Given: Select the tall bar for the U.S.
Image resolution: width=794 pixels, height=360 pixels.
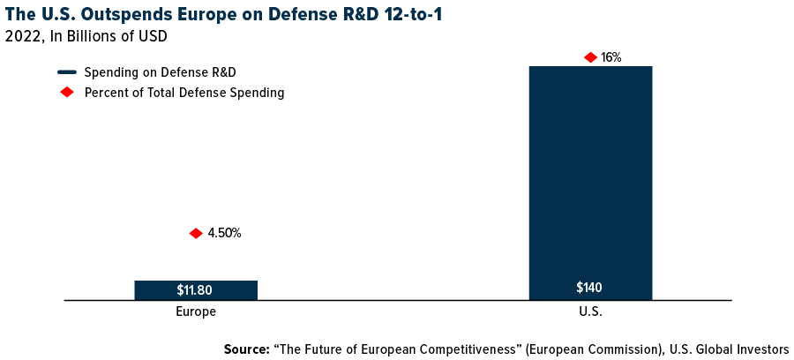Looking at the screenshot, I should pyautogui.click(x=589, y=176).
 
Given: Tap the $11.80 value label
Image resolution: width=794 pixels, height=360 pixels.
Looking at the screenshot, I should pyautogui.click(x=195, y=289).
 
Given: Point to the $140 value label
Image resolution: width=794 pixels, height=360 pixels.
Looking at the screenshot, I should pyautogui.click(x=589, y=288).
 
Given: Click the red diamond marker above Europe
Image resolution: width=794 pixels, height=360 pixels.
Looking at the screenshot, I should pyautogui.click(x=196, y=233).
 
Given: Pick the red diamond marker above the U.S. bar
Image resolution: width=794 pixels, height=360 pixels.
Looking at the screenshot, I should pyautogui.click(x=590, y=57).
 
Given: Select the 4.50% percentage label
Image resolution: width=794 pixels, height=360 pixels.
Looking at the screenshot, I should pyautogui.click(x=224, y=234).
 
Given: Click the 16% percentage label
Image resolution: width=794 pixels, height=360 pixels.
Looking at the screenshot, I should pyautogui.click(x=611, y=57).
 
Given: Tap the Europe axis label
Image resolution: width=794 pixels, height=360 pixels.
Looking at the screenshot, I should pyautogui.click(x=196, y=311).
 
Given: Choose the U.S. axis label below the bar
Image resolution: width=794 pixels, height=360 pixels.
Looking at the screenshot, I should pyautogui.click(x=589, y=311).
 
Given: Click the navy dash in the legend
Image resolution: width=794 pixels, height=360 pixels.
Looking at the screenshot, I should pyautogui.click(x=67, y=71).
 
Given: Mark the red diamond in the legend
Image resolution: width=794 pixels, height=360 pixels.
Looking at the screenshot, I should pyautogui.click(x=67, y=93).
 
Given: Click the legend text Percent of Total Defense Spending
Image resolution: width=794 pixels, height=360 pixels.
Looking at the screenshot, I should pyautogui.click(x=184, y=93).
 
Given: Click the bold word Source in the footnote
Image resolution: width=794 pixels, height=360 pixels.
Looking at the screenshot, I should pyautogui.click(x=246, y=349).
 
